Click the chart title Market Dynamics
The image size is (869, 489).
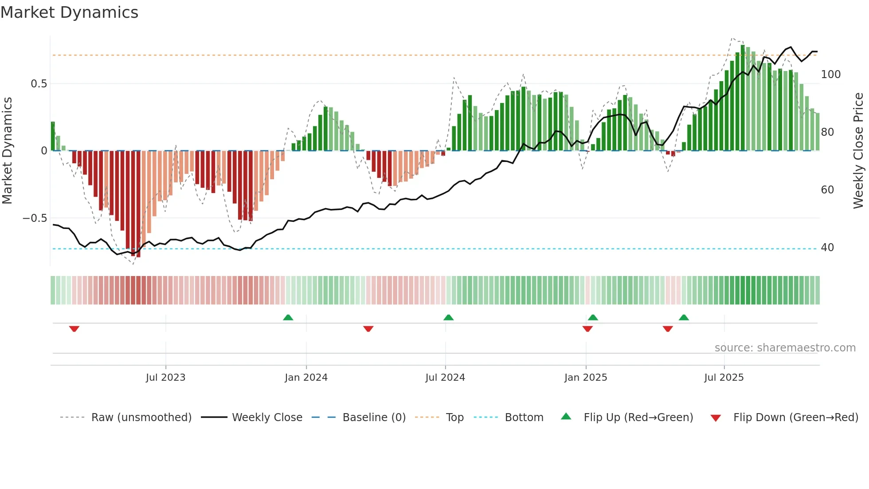(x=69, y=12)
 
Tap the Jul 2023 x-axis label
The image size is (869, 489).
(x=165, y=378)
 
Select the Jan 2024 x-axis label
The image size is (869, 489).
(x=306, y=378)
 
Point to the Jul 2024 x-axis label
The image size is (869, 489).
(x=445, y=378)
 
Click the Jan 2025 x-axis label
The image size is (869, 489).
(x=586, y=378)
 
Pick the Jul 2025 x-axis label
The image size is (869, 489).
(x=724, y=378)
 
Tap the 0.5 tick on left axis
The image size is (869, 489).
(x=39, y=84)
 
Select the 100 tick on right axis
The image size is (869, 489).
(x=830, y=75)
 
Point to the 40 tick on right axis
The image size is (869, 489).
(x=827, y=248)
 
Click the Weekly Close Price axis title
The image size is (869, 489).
(x=858, y=151)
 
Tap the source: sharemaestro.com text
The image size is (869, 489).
(x=785, y=348)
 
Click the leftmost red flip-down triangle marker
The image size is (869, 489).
(x=74, y=329)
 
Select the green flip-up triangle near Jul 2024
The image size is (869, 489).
(x=448, y=317)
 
